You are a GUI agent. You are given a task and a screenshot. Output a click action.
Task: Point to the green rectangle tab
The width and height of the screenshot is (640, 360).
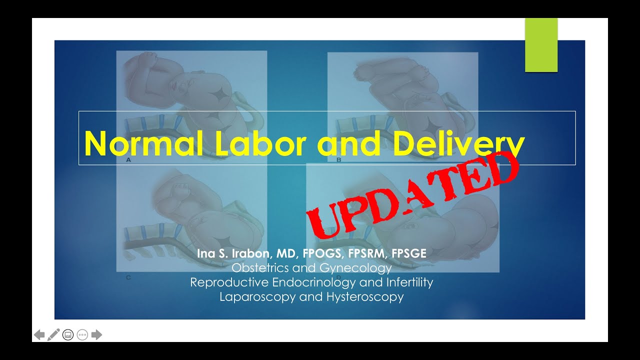pyautogui.click(x=541, y=45)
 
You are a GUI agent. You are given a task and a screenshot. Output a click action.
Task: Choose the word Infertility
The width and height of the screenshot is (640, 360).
pyautogui.click(x=409, y=282)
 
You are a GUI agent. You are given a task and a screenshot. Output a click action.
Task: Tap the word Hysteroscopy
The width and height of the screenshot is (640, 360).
pyautogui.click(x=365, y=296)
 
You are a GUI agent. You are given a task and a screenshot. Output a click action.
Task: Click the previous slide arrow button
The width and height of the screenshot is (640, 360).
pyautogui.click(x=39, y=334)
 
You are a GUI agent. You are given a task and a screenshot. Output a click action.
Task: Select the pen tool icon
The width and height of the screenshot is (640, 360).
pyautogui.click(x=53, y=334)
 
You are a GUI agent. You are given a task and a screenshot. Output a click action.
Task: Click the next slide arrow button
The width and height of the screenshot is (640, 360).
pyautogui.click(x=97, y=334)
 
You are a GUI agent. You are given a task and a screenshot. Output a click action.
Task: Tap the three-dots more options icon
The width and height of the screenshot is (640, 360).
pyautogui.click(x=82, y=334)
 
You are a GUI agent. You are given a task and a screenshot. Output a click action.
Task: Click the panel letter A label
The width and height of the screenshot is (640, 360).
pyautogui.click(x=128, y=160)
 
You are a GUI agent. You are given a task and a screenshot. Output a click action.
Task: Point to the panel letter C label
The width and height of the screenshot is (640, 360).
pyautogui.click(x=128, y=277)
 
